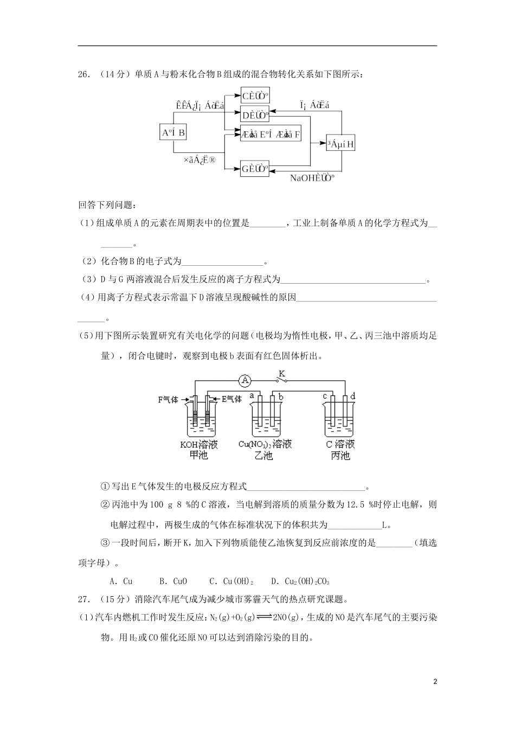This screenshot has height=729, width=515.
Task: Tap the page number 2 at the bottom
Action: [435, 681]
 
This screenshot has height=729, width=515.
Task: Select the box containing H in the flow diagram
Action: [340, 144]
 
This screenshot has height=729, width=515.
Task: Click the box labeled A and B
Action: [173, 132]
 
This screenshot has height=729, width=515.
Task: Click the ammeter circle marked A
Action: [245, 381]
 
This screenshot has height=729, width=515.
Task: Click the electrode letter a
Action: [252, 397]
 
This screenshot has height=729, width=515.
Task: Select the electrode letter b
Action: [280, 397]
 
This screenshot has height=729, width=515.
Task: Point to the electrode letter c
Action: [325, 397]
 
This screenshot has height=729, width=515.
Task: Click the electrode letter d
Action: [352, 397]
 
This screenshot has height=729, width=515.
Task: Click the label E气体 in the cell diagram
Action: [231, 399]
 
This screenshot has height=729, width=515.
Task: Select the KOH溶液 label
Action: [199, 445]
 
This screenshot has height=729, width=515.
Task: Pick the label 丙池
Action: [340, 456]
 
